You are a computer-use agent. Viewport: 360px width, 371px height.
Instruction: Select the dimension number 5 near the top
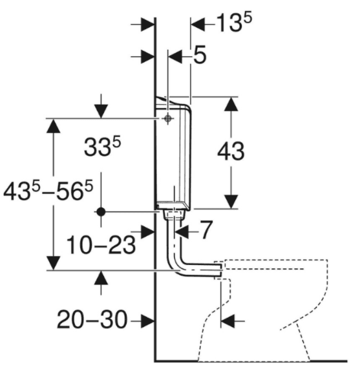(x=200, y=55)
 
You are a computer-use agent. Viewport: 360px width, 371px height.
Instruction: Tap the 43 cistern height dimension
(x=231, y=151)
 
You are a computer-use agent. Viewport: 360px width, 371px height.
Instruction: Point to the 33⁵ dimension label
(x=102, y=146)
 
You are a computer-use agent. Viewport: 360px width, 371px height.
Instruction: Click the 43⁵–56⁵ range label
(x=48, y=190)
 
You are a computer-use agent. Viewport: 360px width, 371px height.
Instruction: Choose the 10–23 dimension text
(x=101, y=245)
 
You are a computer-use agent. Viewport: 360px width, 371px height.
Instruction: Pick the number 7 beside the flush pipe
(x=206, y=229)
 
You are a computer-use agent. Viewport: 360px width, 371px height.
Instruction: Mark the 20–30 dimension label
(x=92, y=320)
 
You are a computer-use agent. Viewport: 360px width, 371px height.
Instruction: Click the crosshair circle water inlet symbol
(x=167, y=118)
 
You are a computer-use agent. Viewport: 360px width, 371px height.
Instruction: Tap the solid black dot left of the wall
(x=101, y=212)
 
